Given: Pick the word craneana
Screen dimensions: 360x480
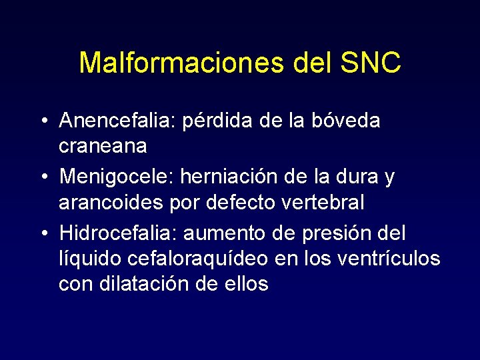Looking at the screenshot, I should (x=103, y=144).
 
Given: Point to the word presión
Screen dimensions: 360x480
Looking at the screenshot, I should (x=329, y=234).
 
